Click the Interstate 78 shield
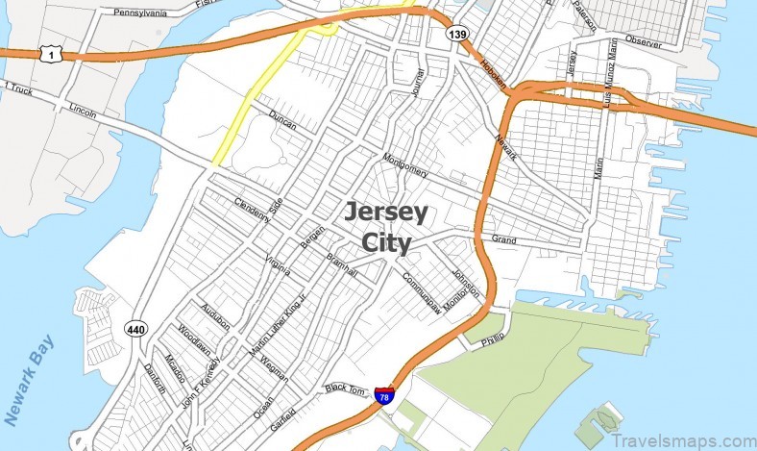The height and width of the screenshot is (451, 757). pos(383,394)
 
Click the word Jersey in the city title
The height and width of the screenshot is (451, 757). pos(386,212)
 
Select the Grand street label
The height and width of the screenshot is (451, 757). pos(503,238)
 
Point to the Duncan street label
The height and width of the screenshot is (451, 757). pos(282,122)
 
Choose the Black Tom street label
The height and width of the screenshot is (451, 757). pos(347,388)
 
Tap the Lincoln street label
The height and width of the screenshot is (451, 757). pos(83,111)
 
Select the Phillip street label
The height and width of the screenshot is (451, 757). pos(493,339)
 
